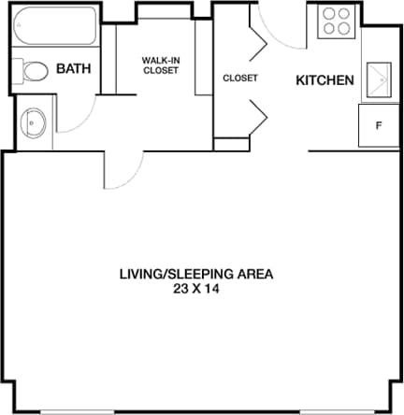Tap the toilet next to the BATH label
click(x=35, y=71)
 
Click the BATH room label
click(x=73, y=69)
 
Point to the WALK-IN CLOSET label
click(x=160, y=65)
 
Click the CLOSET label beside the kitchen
click(x=240, y=79)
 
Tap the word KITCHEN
click(x=325, y=80)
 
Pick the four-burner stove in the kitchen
click(x=337, y=21)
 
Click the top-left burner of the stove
click(x=329, y=14)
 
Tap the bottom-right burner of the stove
click(x=345, y=29)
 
